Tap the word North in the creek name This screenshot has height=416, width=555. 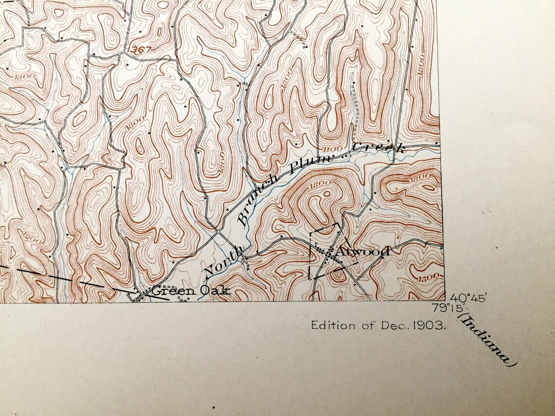click(223, 261)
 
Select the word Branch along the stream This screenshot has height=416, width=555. click(257, 202)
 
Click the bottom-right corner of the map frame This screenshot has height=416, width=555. click(444, 301)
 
